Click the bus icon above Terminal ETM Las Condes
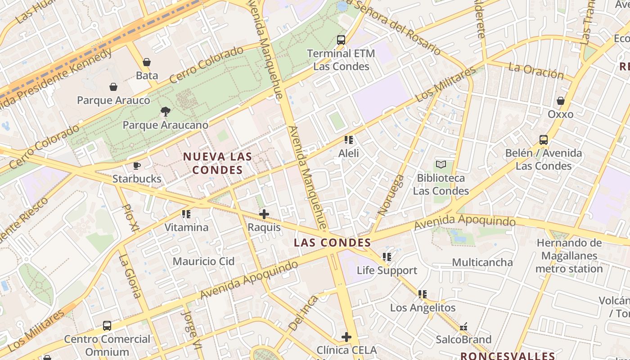(341, 40)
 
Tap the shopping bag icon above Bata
(147, 62)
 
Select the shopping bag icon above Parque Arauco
(113, 87)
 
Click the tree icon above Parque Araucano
(166, 112)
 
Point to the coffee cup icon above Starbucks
(137, 166)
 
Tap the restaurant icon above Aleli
(348, 140)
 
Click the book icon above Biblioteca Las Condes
(441, 165)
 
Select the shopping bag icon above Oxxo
(561, 101)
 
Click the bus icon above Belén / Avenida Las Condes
(544, 140)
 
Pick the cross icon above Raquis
(264, 214)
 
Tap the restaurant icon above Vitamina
(186, 214)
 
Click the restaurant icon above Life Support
(387, 257)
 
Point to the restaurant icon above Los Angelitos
(423, 294)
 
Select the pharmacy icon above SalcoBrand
(463, 326)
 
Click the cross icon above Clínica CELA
(346, 337)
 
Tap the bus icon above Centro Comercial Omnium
(107, 326)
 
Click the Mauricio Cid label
(204, 261)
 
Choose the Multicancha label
(482, 262)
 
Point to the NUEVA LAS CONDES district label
(218, 163)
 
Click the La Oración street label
(536, 71)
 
